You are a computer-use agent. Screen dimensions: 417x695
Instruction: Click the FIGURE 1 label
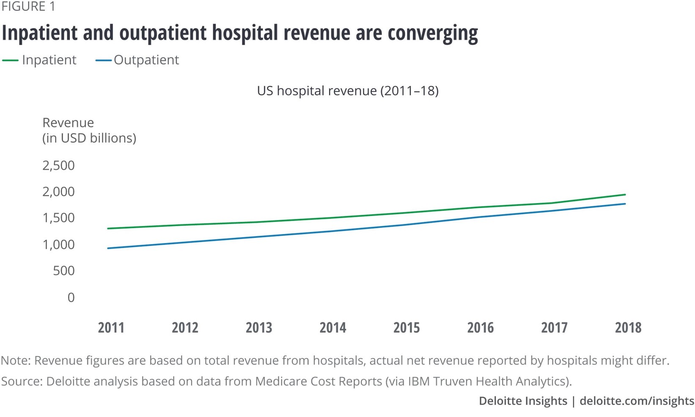(x=28, y=7)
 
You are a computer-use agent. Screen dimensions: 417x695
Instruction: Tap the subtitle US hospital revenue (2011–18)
(x=347, y=91)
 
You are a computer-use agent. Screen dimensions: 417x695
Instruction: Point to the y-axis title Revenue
(x=68, y=123)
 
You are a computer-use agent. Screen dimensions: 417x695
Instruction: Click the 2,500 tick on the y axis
(x=58, y=166)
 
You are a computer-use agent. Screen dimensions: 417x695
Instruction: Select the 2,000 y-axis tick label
(x=58, y=192)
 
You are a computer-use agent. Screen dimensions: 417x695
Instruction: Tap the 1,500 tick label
(x=58, y=218)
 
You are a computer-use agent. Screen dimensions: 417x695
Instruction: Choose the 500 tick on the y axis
(x=64, y=271)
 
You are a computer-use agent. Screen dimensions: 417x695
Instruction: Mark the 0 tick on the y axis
(x=71, y=298)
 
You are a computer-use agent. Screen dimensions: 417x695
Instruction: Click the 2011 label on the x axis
(x=111, y=328)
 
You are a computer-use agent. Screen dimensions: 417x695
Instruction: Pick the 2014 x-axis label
(x=332, y=328)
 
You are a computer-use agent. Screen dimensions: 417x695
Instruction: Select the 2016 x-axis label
(x=480, y=328)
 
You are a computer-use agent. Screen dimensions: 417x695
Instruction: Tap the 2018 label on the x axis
(x=628, y=328)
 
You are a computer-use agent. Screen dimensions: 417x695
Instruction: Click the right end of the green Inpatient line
(x=625, y=195)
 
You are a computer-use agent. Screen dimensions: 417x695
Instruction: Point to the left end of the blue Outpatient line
(x=109, y=248)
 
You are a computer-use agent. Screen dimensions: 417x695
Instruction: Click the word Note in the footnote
(x=15, y=361)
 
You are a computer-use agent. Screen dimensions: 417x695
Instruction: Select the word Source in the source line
(x=21, y=381)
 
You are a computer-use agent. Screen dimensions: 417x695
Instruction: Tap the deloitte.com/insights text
(x=637, y=401)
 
